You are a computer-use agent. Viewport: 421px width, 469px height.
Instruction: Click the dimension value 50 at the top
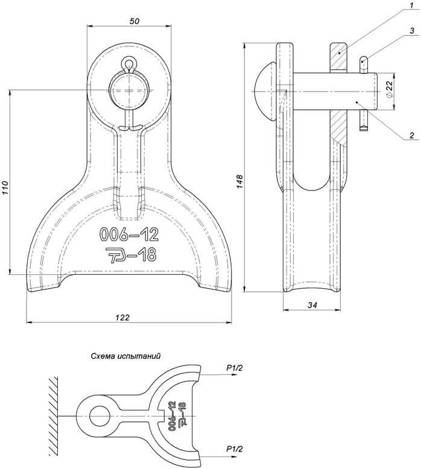[x=134, y=21]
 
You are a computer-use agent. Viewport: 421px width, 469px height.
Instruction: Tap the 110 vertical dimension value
[x=6, y=188]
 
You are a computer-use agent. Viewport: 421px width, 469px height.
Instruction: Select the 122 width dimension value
[x=122, y=317]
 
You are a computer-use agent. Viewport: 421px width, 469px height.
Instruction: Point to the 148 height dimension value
[x=240, y=181]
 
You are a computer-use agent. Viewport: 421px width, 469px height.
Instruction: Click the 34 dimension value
[x=312, y=305]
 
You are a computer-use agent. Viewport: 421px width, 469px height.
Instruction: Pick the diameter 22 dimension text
[x=389, y=89]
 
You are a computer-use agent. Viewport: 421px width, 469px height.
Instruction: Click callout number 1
[x=412, y=5]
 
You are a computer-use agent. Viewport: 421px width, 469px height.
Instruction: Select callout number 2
[x=412, y=135]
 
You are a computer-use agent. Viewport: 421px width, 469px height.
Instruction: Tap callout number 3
[x=412, y=31]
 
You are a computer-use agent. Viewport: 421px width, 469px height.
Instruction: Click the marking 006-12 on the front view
[x=128, y=234]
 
